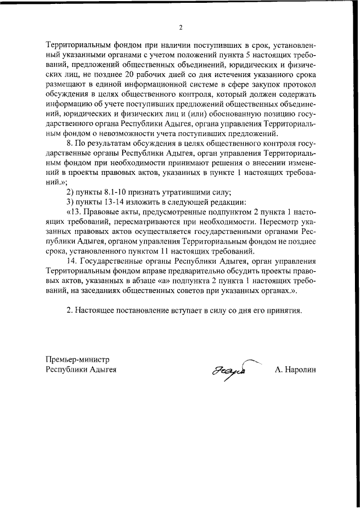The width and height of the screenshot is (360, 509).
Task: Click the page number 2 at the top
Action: click(181, 26)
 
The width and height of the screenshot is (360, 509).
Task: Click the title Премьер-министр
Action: click(78, 359)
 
